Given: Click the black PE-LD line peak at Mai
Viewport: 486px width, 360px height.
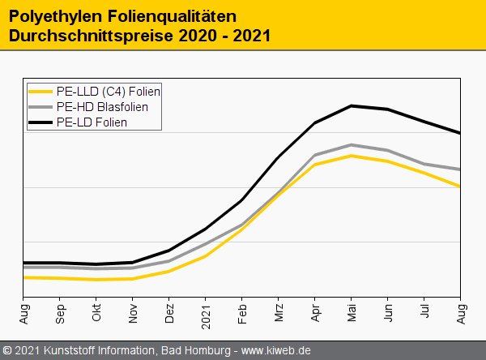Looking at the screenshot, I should point(352,105).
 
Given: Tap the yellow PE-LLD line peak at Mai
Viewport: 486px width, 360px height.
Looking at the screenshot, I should point(352,156).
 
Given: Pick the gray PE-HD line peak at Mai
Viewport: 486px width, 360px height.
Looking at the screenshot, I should point(352,145).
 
